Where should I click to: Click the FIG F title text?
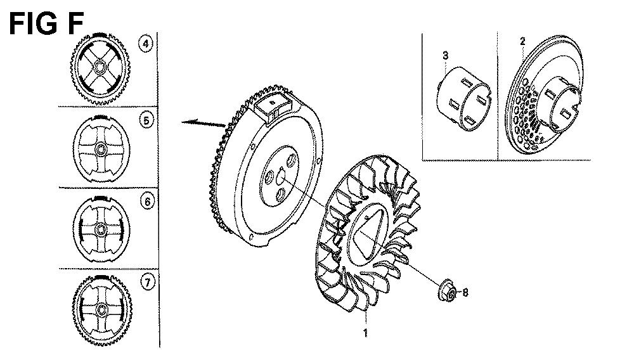(x=46, y=23)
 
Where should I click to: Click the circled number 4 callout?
(x=146, y=43)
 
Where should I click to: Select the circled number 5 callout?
(x=146, y=120)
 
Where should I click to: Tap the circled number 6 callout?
(x=147, y=201)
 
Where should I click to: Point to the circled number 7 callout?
(x=147, y=282)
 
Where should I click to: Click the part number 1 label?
(x=366, y=333)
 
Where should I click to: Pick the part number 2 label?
(x=522, y=41)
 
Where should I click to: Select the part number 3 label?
(x=445, y=55)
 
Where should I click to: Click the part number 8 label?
(x=465, y=292)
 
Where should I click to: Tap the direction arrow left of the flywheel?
(x=203, y=122)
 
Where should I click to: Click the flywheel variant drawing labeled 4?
(x=100, y=68)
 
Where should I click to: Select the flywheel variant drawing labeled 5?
(x=100, y=150)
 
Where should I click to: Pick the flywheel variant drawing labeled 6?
(x=101, y=229)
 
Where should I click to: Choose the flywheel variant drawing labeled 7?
(x=101, y=309)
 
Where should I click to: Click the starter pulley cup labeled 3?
(x=463, y=98)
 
